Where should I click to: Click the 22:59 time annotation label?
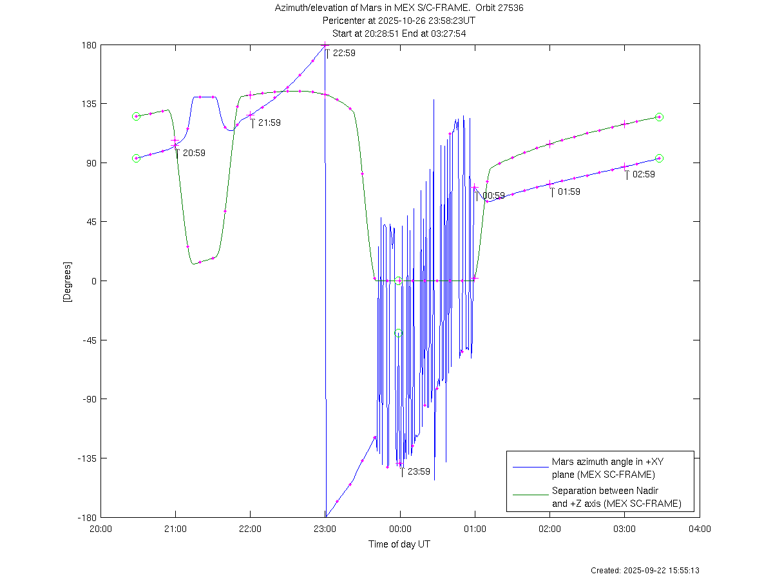[x=343, y=54]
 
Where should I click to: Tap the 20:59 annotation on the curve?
[x=194, y=153]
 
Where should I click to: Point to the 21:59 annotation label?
[x=269, y=123]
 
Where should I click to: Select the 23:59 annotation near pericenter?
[x=419, y=471]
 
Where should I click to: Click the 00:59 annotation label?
[x=493, y=195]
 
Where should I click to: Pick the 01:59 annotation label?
[x=569, y=192]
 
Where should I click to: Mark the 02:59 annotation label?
[x=644, y=174]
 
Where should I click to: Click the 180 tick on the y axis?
[x=89, y=45]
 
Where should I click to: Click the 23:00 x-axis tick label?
[x=325, y=529]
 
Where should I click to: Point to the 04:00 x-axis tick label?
[x=700, y=529]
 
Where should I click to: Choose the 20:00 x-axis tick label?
[x=100, y=529]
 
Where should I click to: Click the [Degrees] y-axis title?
[x=67, y=282]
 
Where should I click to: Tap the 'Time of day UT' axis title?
[x=399, y=544]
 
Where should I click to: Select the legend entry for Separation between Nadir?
[x=616, y=497]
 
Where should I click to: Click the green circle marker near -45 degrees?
[x=398, y=333]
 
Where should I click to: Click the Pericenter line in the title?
[x=399, y=21]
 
